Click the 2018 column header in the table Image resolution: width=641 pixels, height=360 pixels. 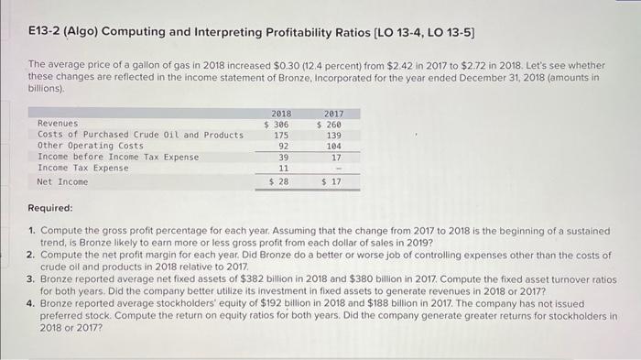[283, 114]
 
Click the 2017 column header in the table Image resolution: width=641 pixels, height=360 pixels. [332, 114]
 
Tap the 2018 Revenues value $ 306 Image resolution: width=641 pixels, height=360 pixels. [277, 124]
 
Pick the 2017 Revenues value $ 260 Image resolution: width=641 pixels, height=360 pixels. [329, 124]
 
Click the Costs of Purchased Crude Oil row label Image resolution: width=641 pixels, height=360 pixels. [140, 135]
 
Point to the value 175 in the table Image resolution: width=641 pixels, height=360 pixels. [282, 135]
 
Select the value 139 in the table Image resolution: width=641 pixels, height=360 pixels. [333, 135]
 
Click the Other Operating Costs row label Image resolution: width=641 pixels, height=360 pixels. [90, 146]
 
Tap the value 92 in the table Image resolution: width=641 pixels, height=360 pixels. [284, 146]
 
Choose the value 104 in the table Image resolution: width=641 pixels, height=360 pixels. [333, 146]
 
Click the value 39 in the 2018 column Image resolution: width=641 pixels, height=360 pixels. [284, 157]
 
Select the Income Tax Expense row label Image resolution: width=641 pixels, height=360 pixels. [82, 168]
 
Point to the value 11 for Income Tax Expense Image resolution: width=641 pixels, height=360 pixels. [284, 169]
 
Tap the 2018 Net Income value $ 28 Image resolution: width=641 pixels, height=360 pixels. [278, 182]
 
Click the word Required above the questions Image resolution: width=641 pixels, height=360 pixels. [50, 208]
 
